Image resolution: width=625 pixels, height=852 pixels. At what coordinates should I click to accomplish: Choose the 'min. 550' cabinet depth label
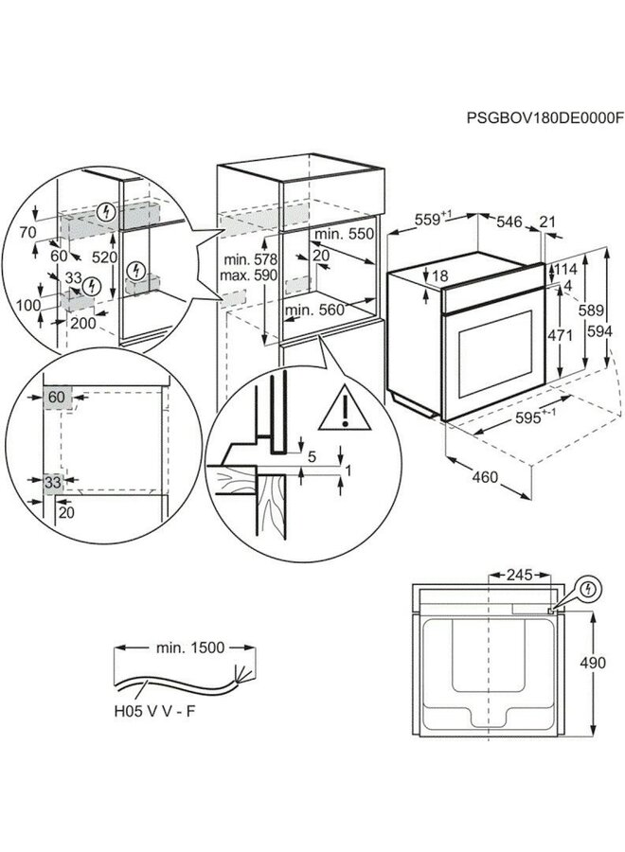(x=341, y=233)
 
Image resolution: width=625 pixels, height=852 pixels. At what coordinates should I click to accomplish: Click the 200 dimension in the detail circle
(x=83, y=323)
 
